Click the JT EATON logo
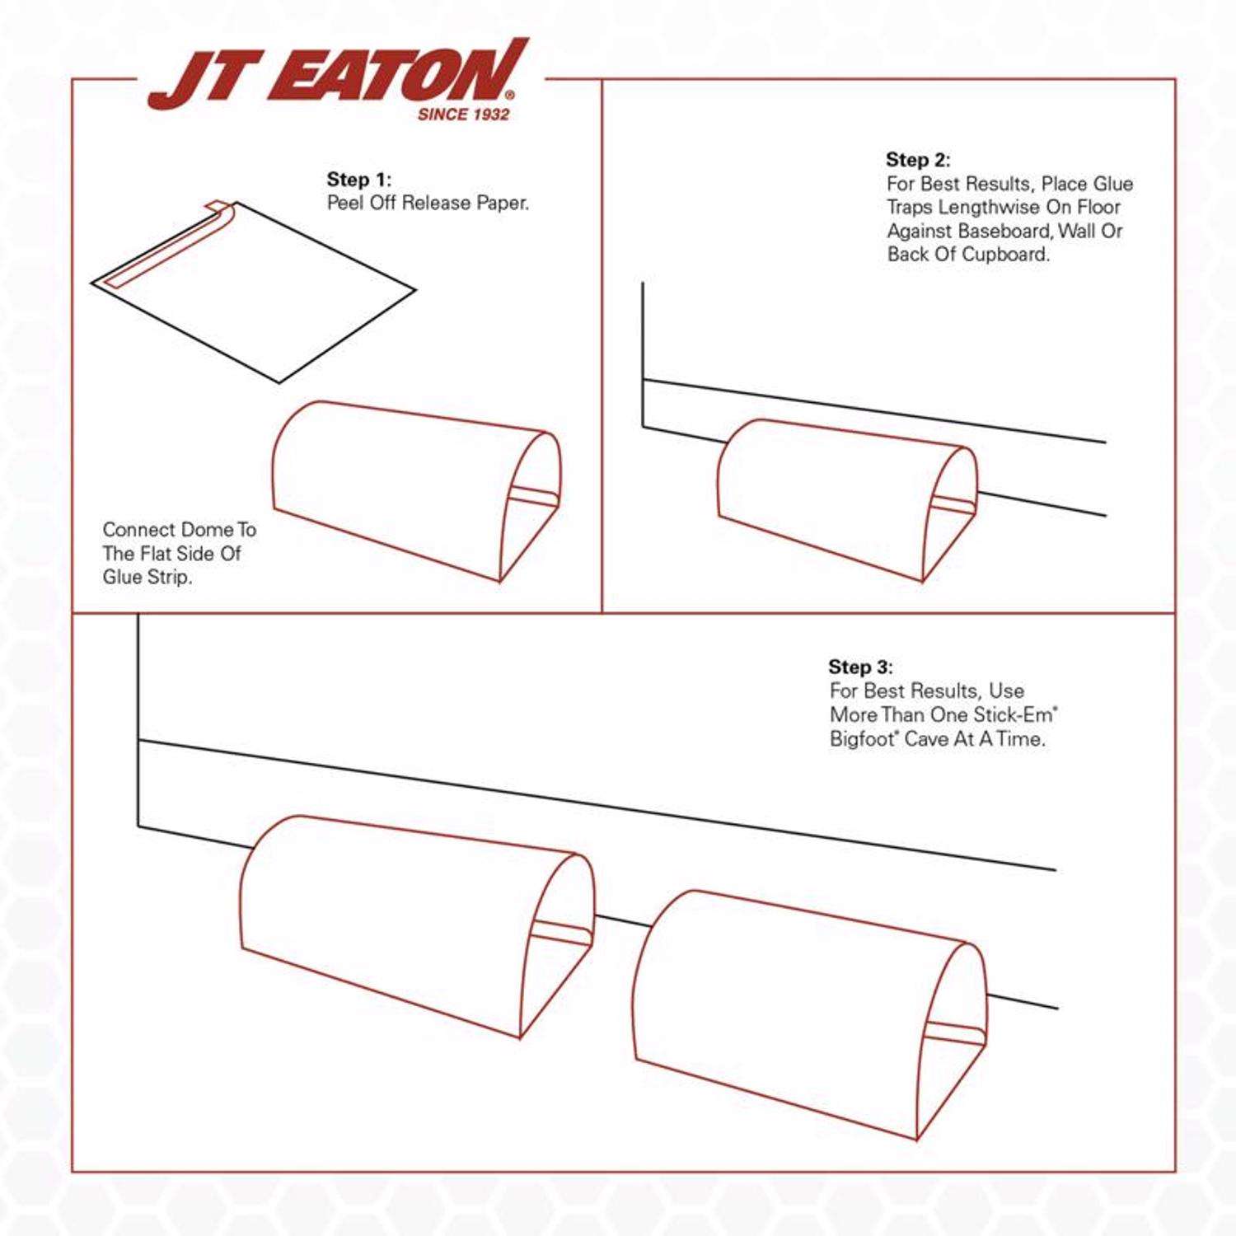338,76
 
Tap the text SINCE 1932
463,115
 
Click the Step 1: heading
359,180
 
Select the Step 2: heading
918,160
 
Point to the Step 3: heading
860,667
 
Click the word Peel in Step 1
344,204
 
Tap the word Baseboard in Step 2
1004,231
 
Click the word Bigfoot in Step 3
862,739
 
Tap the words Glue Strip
147,577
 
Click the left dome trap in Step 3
396,915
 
